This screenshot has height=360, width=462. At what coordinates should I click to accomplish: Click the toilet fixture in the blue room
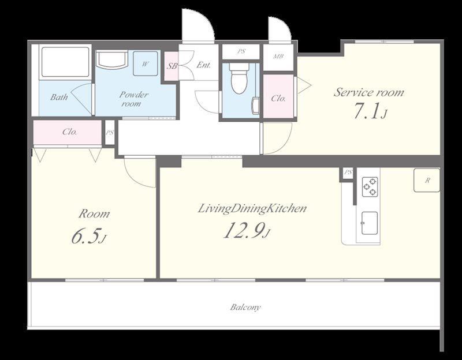pyautogui.click(x=239, y=78)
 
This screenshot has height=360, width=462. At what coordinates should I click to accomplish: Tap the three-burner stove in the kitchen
pyautogui.click(x=370, y=187)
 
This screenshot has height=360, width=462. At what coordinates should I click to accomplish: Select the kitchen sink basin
pyautogui.click(x=370, y=223)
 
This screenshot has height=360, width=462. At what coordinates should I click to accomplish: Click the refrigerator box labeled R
pyautogui.click(x=427, y=180)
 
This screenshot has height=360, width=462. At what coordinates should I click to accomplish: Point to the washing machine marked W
pyautogui.click(x=146, y=63)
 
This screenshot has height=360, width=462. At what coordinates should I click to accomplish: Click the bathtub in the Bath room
pyautogui.click(x=65, y=62)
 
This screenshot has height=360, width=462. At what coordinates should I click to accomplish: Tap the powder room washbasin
pyautogui.click(x=112, y=60)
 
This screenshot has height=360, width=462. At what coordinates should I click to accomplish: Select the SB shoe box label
pyautogui.click(x=172, y=66)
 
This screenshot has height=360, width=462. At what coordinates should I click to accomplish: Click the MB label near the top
pyautogui.click(x=278, y=56)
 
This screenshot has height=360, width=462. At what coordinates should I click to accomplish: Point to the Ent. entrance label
pyautogui.click(x=204, y=65)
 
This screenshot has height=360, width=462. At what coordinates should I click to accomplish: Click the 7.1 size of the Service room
pyautogui.click(x=366, y=111)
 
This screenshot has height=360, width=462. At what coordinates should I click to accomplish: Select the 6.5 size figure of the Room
pyautogui.click(x=84, y=236)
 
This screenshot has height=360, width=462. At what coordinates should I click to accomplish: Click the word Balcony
pyautogui.click(x=245, y=307)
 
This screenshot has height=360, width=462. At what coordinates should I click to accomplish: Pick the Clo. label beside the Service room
pyautogui.click(x=278, y=98)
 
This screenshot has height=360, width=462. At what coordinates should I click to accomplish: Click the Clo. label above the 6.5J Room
pyautogui.click(x=70, y=132)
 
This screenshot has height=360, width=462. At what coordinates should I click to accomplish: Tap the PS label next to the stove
pyautogui.click(x=348, y=172)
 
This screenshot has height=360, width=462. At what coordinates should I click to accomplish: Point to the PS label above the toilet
pyautogui.click(x=241, y=51)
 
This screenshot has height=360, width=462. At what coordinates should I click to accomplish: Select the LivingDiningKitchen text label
pyautogui.click(x=252, y=209)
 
